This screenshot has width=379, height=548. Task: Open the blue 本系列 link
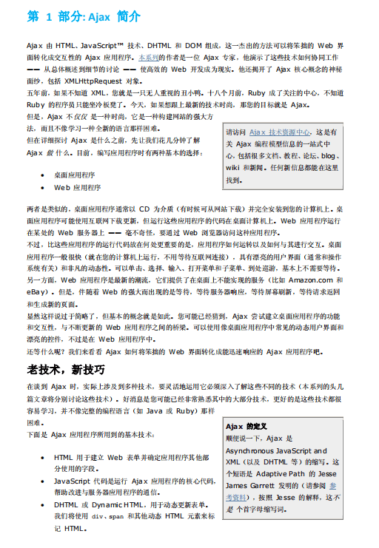click(150, 56)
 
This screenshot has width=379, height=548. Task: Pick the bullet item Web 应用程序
click(77, 188)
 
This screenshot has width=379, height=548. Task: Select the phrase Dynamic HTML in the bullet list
click(115, 504)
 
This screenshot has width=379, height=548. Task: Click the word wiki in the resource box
click(232, 168)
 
